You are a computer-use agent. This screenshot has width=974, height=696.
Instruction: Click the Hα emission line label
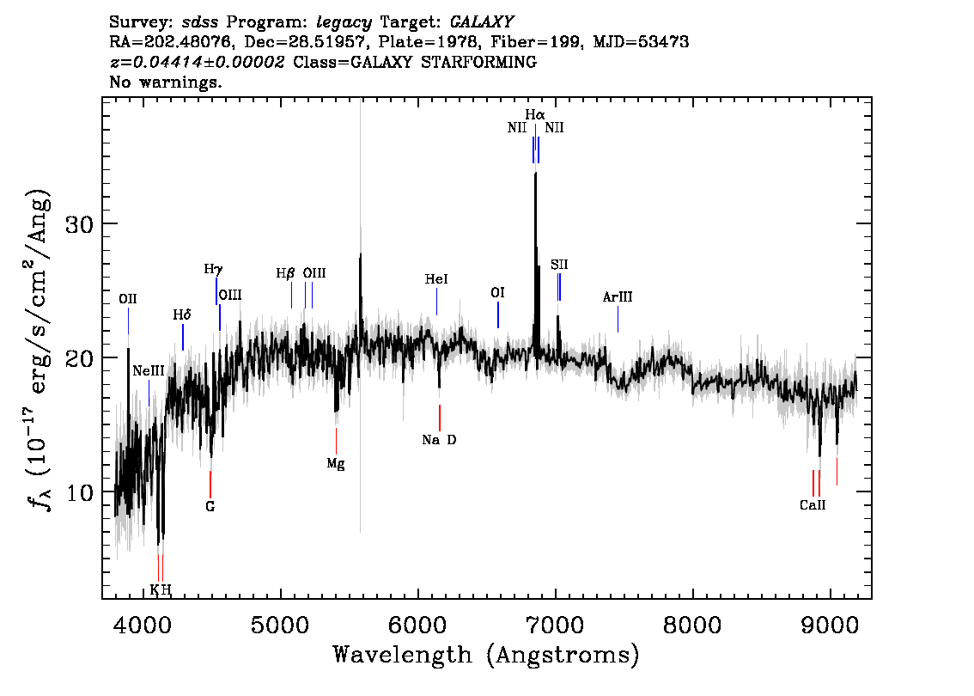(x=535, y=115)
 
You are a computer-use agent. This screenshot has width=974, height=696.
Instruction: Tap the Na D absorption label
(x=439, y=440)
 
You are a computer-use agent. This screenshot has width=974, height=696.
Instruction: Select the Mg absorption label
(x=336, y=464)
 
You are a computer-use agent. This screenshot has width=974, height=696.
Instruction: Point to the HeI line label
(x=436, y=279)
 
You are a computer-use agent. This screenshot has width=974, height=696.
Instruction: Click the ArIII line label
(x=618, y=297)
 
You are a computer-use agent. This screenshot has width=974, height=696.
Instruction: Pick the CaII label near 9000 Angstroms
(x=813, y=505)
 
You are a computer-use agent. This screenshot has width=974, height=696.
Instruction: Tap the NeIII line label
(x=149, y=371)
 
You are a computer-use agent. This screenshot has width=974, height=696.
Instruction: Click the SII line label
(x=559, y=265)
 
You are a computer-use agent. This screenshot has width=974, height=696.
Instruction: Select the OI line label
(x=497, y=293)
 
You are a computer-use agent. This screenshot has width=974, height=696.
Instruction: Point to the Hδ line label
(x=182, y=315)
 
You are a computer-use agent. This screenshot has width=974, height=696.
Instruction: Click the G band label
(x=210, y=507)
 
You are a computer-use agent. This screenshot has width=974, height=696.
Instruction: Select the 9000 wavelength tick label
(x=829, y=626)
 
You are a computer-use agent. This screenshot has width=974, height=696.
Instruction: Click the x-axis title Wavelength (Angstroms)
(x=486, y=656)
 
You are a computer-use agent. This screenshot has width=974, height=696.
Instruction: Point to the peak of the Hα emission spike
(x=535, y=173)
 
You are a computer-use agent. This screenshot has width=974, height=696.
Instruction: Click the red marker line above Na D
(x=440, y=418)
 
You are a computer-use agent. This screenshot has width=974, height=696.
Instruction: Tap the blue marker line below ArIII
(x=618, y=320)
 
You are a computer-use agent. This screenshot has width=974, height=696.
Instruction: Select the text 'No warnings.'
(x=165, y=82)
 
